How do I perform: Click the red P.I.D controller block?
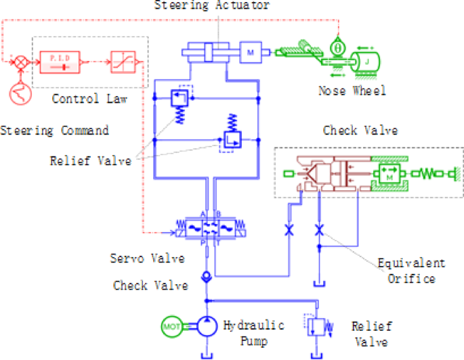tap(60, 62)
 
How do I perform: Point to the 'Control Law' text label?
tap(81, 99)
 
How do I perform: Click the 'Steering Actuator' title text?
tap(212, 6)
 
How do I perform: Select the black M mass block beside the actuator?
tap(249, 52)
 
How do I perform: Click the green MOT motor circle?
tap(170, 327)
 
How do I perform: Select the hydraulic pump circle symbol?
tap(205, 327)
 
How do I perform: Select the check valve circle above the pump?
tap(207, 276)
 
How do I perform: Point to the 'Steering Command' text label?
tap(54, 129)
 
